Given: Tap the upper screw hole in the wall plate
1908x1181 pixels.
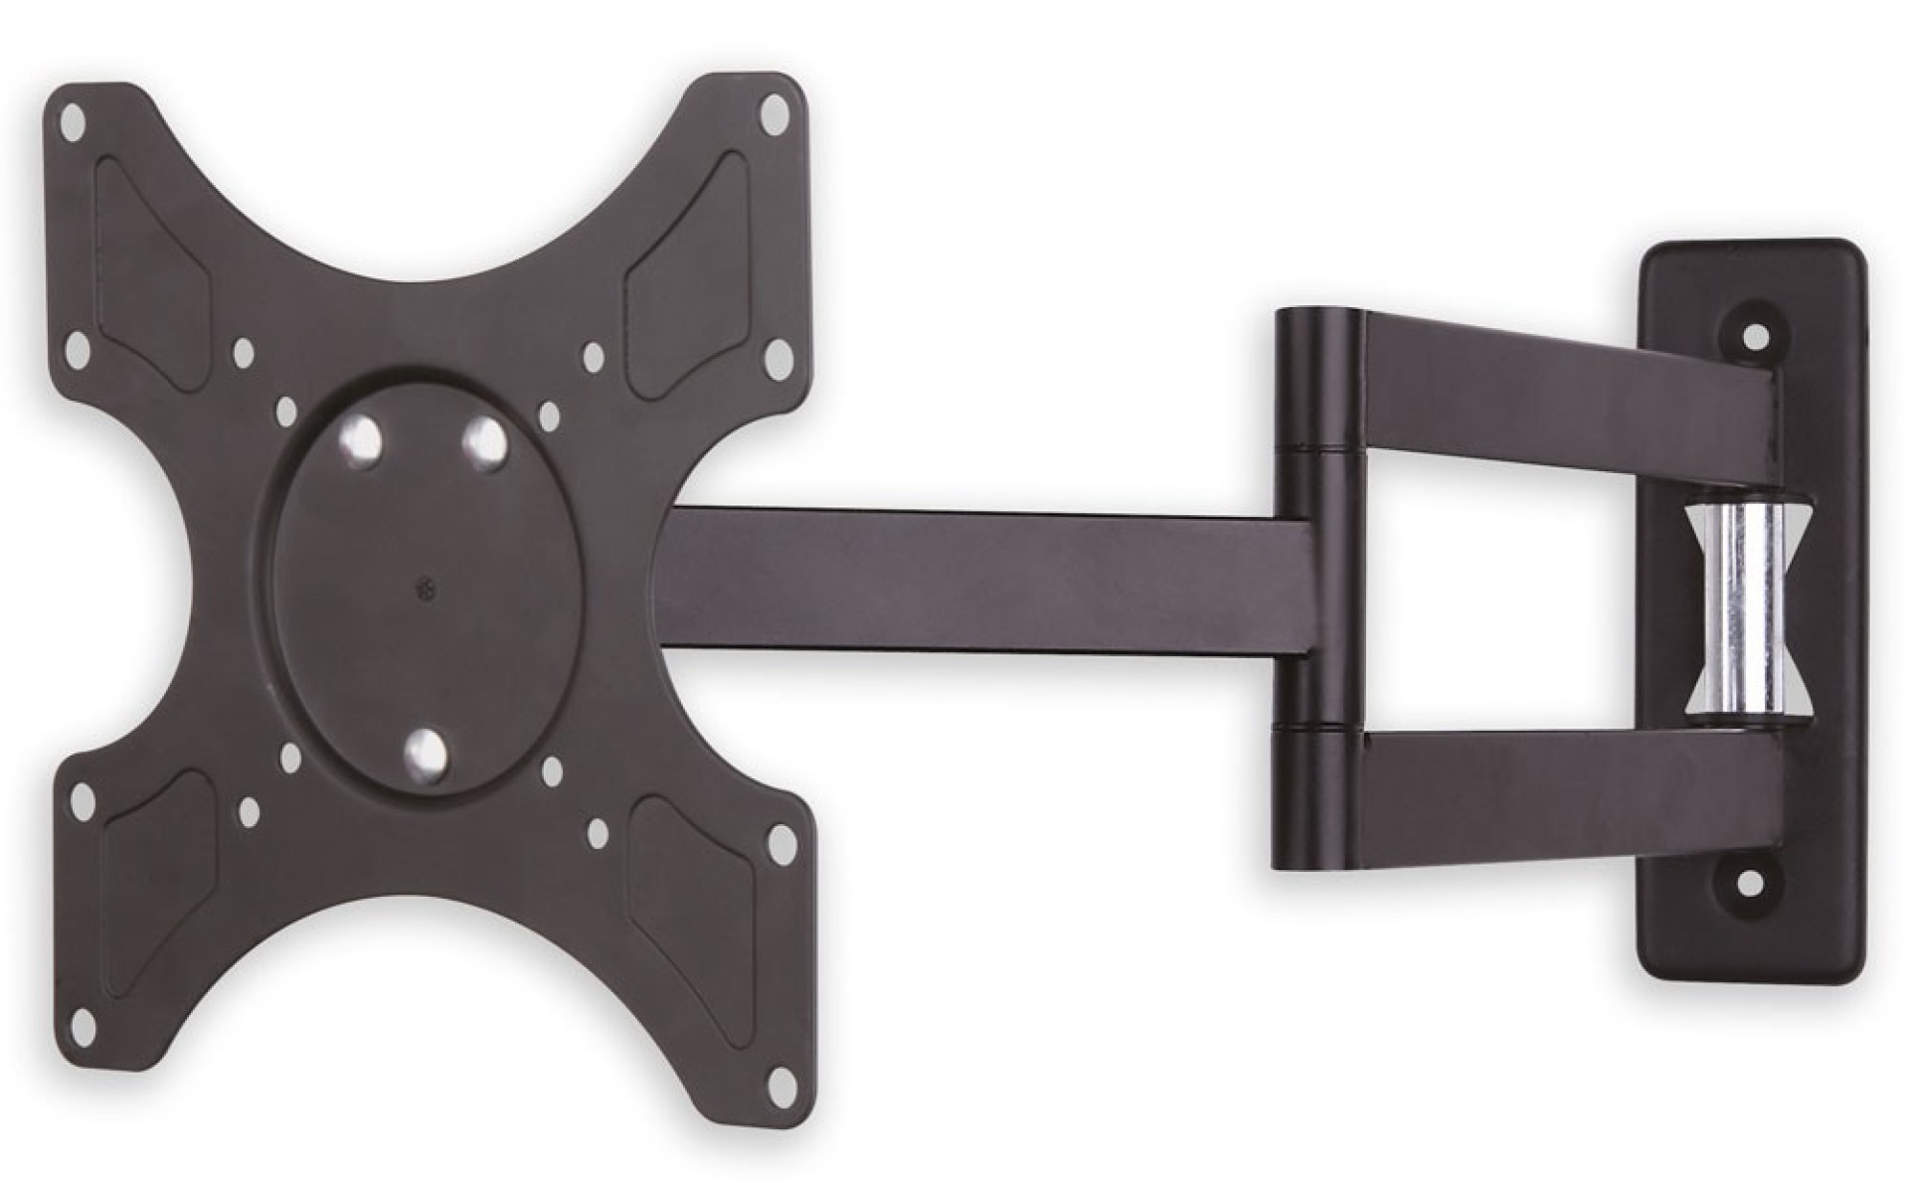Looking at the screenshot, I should click(1756, 336).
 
